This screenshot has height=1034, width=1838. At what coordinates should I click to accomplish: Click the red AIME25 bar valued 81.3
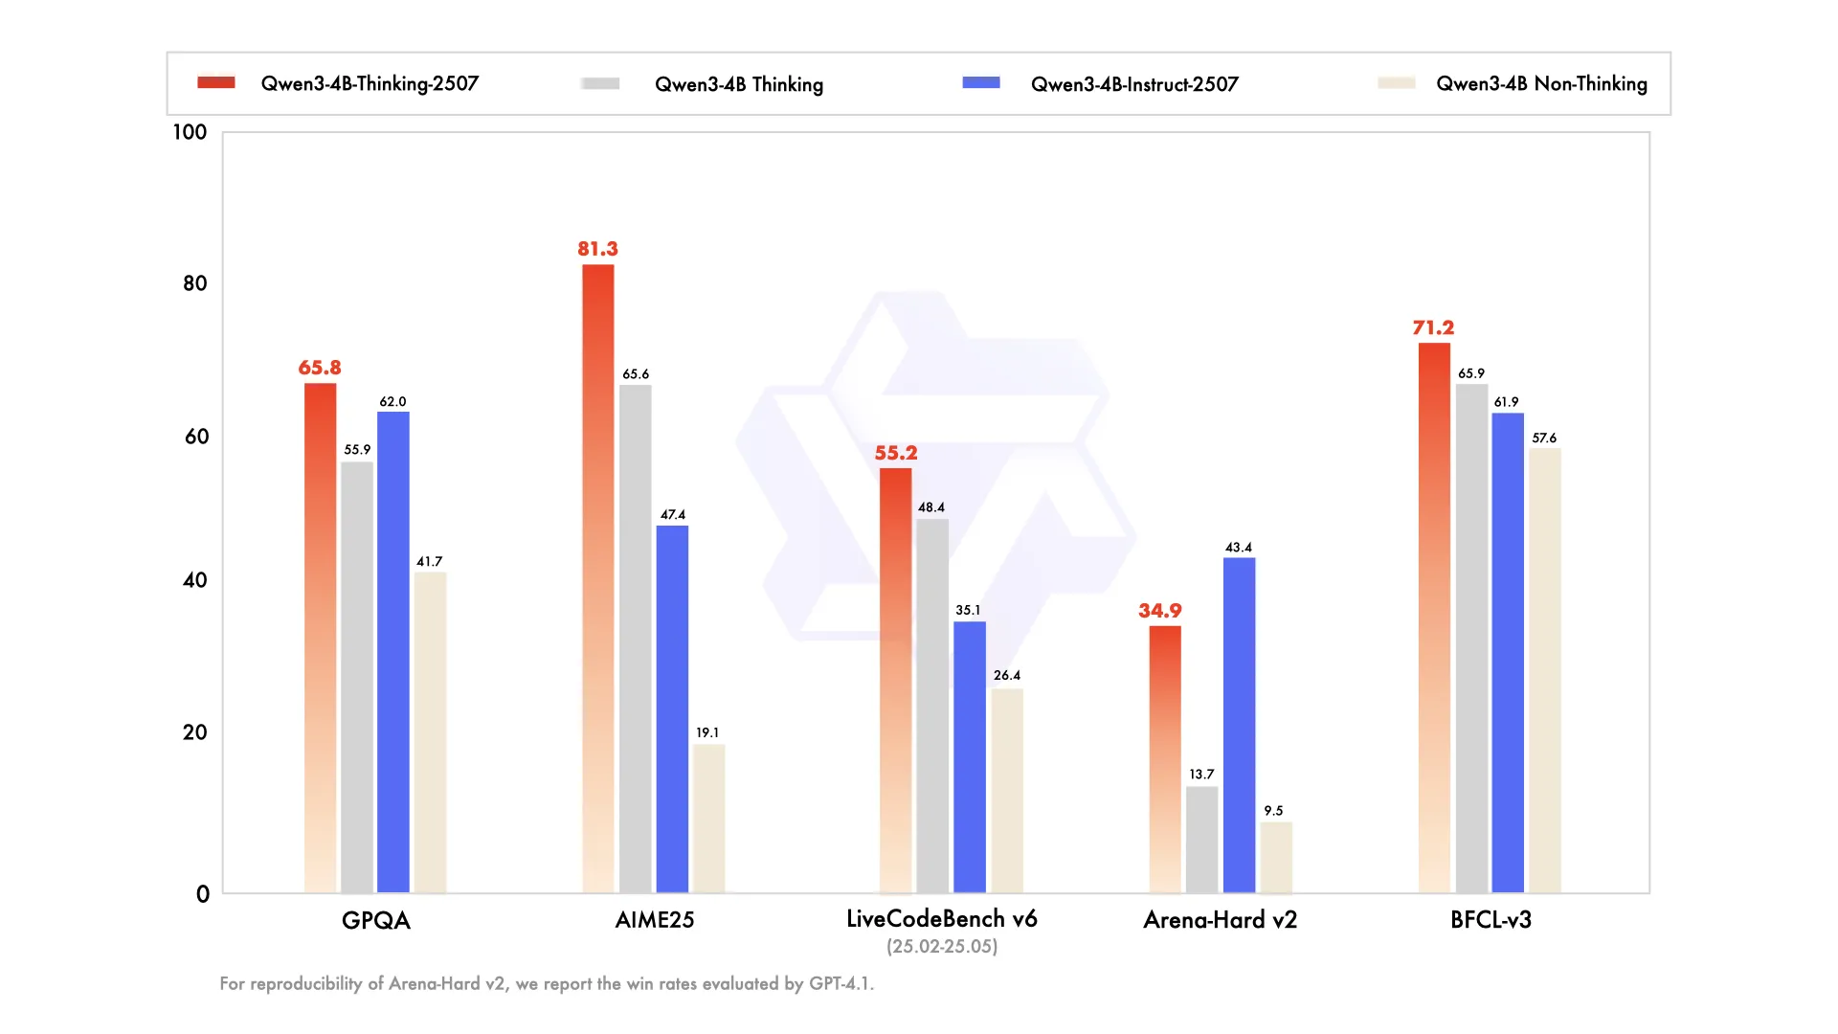coord(598,574)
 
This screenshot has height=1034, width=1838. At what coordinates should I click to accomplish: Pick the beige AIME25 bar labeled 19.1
coord(708,819)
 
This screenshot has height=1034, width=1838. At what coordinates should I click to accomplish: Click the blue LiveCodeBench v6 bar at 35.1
coord(969,756)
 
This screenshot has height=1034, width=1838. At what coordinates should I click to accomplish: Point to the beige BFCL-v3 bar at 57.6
coord(1544,670)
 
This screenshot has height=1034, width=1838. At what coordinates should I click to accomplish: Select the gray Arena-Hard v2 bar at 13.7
coord(1201,840)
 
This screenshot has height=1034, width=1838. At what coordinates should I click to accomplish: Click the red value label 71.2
coord(1433,327)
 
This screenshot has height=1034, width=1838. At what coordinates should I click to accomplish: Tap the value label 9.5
coord(1273,811)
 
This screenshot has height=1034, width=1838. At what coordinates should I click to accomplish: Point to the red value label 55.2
coord(896,453)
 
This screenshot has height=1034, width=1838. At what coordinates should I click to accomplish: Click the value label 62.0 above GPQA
coord(392,402)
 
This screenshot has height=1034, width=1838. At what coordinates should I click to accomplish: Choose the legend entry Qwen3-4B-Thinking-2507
coord(370,84)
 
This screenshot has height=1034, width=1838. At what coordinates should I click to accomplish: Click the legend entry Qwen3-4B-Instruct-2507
coord(1133,84)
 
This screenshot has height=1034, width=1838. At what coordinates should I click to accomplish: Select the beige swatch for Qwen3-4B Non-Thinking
coord(1396,83)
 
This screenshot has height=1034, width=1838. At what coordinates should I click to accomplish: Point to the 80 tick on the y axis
coord(194,283)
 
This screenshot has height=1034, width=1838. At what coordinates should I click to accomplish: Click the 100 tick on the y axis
coord(190,132)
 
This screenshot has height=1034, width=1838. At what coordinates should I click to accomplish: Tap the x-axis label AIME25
coord(655,920)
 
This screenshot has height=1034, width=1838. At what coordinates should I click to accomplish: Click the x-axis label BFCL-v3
coord(1491,920)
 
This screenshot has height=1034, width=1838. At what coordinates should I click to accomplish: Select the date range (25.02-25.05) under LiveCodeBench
coord(942,947)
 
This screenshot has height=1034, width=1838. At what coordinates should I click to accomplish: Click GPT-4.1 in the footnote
coord(840,983)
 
